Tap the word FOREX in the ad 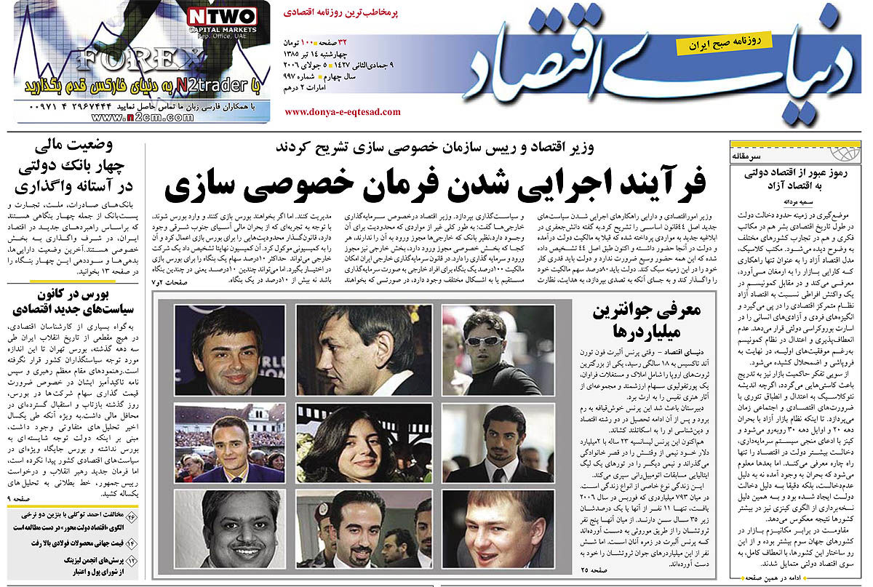coord(137,59)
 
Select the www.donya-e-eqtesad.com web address coord(342,112)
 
